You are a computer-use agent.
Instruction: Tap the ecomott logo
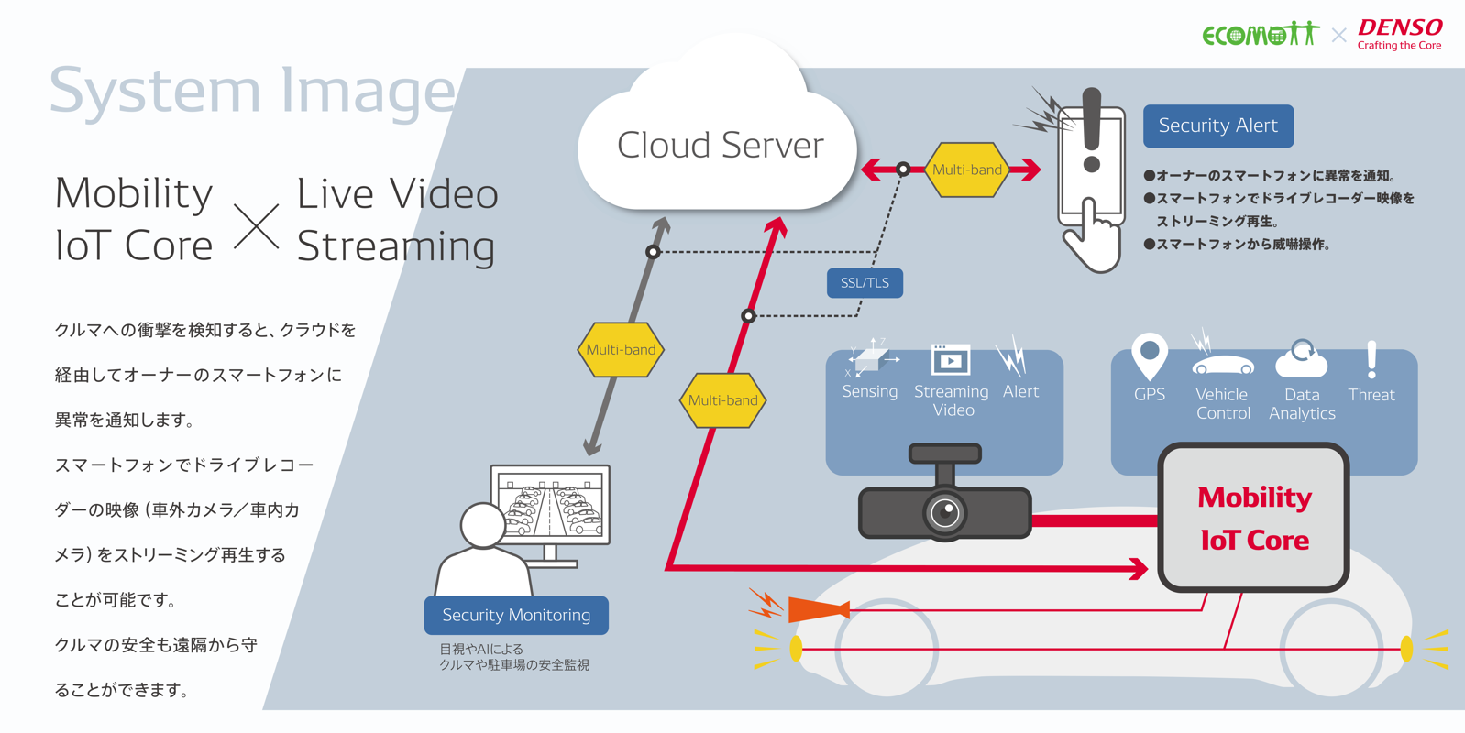click(x=1260, y=35)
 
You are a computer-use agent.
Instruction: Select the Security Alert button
click(x=1217, y=126)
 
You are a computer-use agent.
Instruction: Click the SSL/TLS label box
click(x=865, y=283)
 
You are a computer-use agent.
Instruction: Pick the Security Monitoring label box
click(x=516, y=615)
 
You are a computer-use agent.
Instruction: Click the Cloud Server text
click(x=720, y=145)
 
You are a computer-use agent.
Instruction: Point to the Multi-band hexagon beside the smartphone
click(x=966, y=170)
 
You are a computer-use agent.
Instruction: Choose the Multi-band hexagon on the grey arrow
click(x=621, y=350)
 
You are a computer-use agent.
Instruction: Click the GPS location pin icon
click(x=1150, y=356)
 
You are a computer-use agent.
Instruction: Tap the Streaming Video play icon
click(x=951, y=360)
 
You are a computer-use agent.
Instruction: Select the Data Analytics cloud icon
click(x=1301, y=360)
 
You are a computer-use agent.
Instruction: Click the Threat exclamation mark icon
click(x=1371, y=359)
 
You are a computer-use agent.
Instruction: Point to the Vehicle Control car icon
click(x=1222, y=364)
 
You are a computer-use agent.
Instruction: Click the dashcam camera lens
click(x=945, y=512)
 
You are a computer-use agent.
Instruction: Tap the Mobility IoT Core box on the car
click(x=1253, y=518)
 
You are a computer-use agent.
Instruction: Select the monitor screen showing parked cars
click(x=550, y=504)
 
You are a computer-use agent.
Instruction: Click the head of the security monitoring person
click(x=482, y=525)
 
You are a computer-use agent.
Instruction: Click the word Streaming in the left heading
click(x=396, y=246)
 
